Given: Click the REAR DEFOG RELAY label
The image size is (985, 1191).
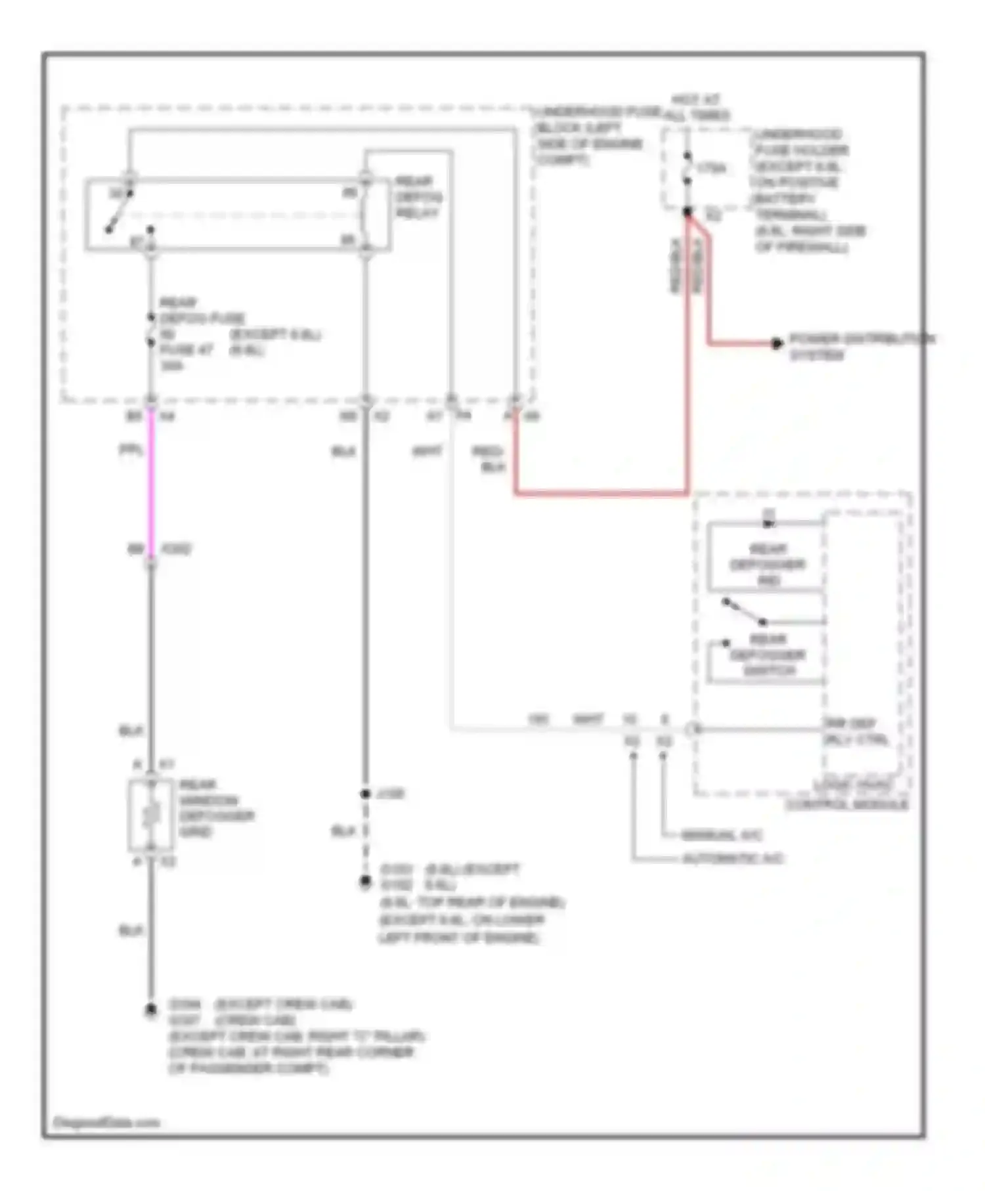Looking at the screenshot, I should [x=418, y=197].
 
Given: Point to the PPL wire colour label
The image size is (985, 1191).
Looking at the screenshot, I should [x=130, y=450].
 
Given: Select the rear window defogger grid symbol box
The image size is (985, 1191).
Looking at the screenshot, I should [x=151, y=815].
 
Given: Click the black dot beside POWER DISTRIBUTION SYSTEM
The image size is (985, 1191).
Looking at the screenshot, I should [x=777, y=343].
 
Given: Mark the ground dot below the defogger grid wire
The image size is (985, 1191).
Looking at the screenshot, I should [x=151, y=1010].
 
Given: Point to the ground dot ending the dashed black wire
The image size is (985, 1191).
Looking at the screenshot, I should [x=366, y=881].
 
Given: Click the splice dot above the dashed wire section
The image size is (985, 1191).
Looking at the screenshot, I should [x=366, y=794].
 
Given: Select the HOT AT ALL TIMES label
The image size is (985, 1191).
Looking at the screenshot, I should [x=697, y=108].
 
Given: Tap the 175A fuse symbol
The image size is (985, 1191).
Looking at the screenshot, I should [x=687, y=169].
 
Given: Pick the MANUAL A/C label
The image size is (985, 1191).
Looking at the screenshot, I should [x=721, y=836].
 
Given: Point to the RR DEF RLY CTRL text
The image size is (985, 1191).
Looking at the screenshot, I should [x=856, y=731].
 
